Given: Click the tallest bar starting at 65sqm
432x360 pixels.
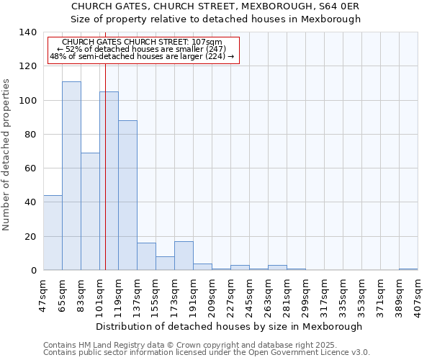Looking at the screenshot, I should [71, 176].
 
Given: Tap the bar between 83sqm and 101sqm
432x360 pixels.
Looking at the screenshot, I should [90, 212].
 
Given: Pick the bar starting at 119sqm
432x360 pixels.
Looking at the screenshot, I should [127, 195].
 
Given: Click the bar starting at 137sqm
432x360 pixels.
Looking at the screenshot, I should [146, 256].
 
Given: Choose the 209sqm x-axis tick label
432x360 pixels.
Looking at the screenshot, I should [212, 296].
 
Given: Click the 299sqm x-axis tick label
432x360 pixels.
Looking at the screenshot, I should [305, 296].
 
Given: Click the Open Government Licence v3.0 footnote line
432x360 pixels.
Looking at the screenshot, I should [207, 353].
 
